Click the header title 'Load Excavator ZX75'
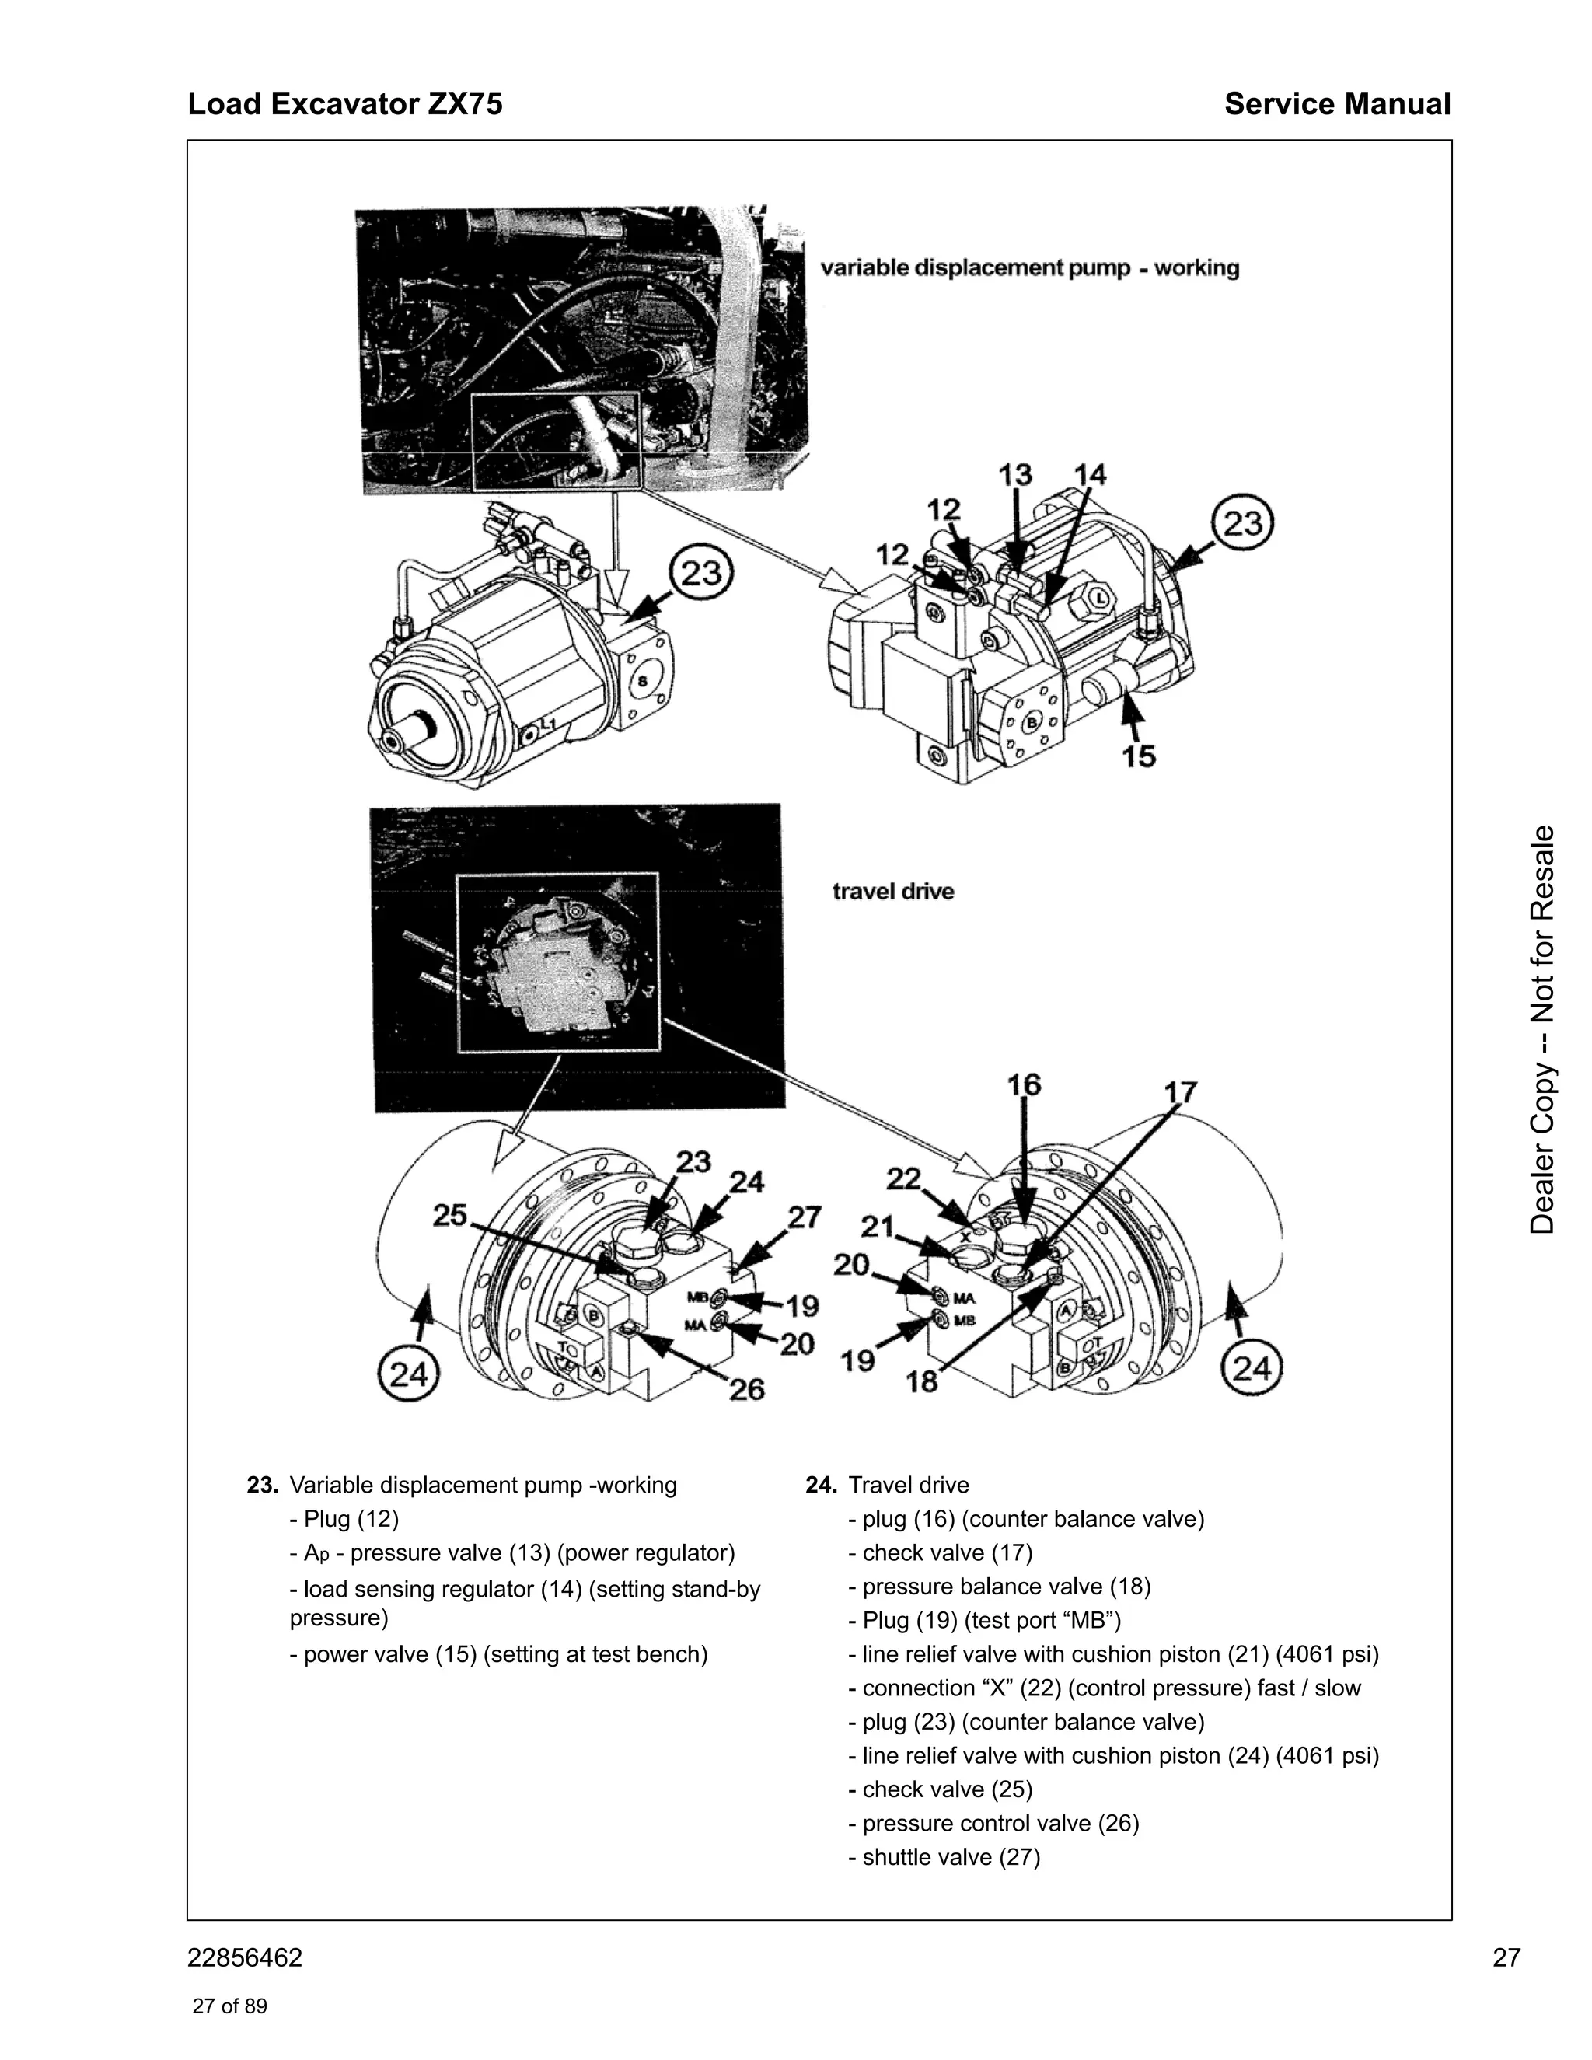tap(345, 103)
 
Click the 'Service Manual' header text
tap(1336, 103)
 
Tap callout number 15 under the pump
tap(1138, 756)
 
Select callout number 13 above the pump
tap(1014, 474)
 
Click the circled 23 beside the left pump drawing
tap(700, 574)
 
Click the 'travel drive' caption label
tap(892, 892)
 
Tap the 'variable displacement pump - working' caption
tap(1029, 268)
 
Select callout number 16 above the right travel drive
tap(1023, 1084)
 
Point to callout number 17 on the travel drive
tap(1180, 1092)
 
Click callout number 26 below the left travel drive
tap(746, 1388)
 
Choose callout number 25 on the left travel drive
tap(449, 1216)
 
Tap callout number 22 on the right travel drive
tap(903, 1178)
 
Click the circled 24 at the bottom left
tap(408, 1374)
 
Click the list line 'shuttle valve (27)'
tap(944, 1857)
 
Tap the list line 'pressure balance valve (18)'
tap(1000, 1587)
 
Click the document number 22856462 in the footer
tap(245, 1958)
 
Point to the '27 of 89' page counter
tap(229, 2006)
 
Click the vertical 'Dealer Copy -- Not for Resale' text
tap(1542, 1030)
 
